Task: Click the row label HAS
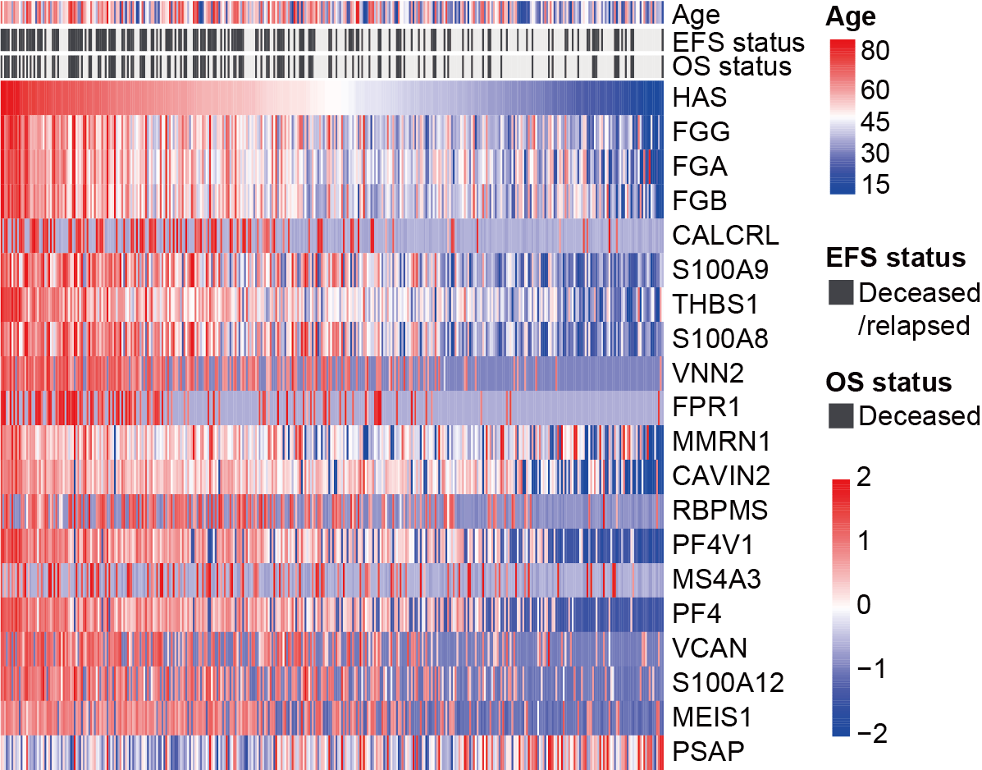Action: coord(700,99)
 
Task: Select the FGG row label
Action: coord(701,133)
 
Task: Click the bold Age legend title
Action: coord(852,16)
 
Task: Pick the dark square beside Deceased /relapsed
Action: coord(840,292)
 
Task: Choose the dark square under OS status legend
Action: coord(840,416)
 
